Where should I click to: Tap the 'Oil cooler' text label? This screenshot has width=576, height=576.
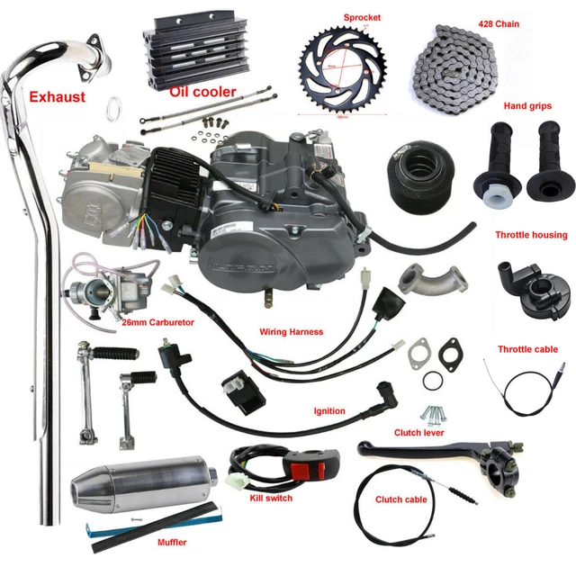202,91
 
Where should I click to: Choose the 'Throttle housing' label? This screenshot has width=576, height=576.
531,235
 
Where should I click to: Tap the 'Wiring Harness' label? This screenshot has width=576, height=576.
291,331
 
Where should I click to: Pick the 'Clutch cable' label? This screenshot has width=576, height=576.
401,499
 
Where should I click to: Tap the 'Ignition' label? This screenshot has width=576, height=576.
329,411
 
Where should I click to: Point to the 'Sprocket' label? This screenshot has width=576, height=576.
364,17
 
